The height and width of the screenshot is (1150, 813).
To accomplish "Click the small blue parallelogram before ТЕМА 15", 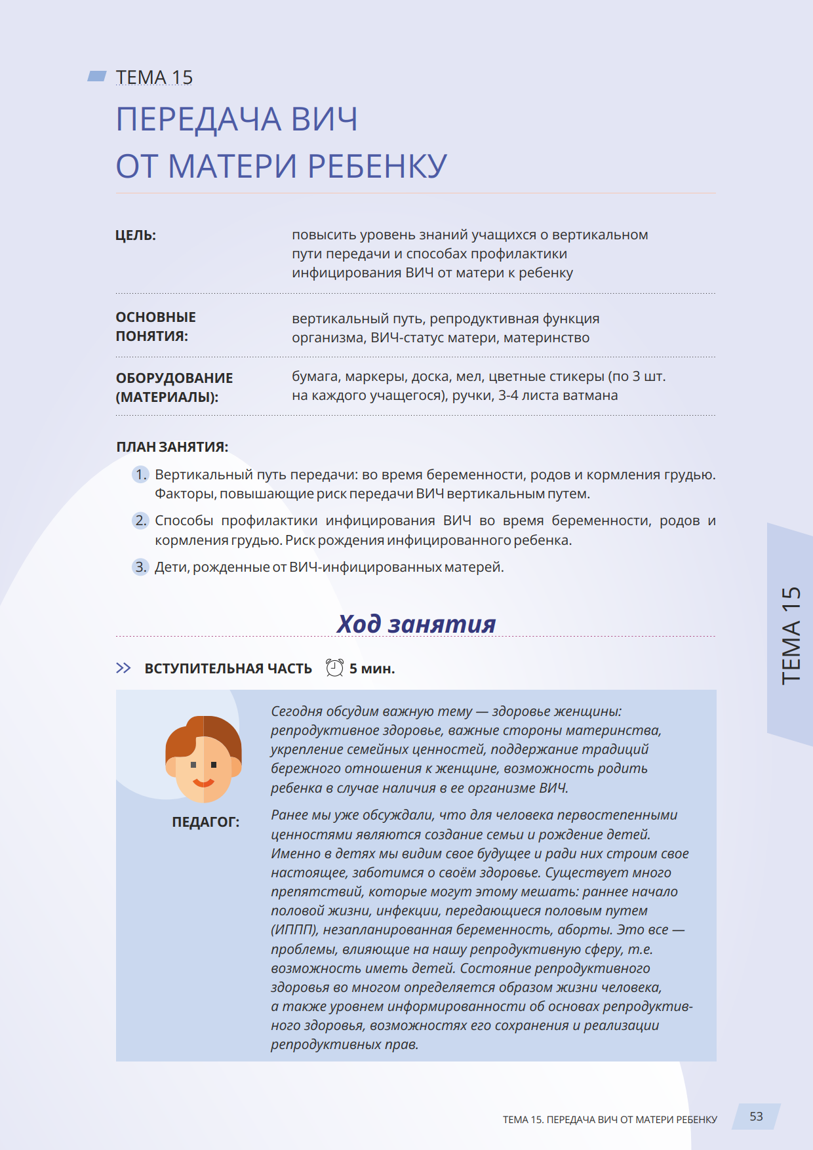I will [97, 76].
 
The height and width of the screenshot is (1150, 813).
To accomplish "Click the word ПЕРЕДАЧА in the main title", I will [197, 119].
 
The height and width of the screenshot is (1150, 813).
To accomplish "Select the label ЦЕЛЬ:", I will [136, 235].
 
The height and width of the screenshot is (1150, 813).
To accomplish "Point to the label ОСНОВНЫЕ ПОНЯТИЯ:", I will [155, 327].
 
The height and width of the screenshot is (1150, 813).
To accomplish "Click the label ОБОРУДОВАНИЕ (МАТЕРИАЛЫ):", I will [174, 387].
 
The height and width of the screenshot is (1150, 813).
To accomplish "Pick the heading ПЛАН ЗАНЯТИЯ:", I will [172, 447].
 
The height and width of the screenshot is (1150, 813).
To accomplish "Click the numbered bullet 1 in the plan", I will [140, 474].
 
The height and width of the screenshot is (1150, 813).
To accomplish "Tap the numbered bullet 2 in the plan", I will [140, 521].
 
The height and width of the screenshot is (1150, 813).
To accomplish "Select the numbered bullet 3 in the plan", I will [140, 566].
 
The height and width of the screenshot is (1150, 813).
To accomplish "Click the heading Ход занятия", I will [416, 624].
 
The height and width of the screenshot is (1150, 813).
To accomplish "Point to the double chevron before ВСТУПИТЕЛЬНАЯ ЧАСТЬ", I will [123, 668].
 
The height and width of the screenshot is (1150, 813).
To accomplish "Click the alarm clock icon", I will [334, 667].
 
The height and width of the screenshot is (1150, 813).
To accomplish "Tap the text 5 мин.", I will [372, 669].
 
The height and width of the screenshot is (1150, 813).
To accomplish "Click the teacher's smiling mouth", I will [203, 782].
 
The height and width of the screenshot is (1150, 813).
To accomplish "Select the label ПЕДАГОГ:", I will [205, 822].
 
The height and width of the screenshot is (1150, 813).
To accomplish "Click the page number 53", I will [756, 1117].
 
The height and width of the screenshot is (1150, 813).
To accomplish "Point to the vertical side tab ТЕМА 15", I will [791, 635].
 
